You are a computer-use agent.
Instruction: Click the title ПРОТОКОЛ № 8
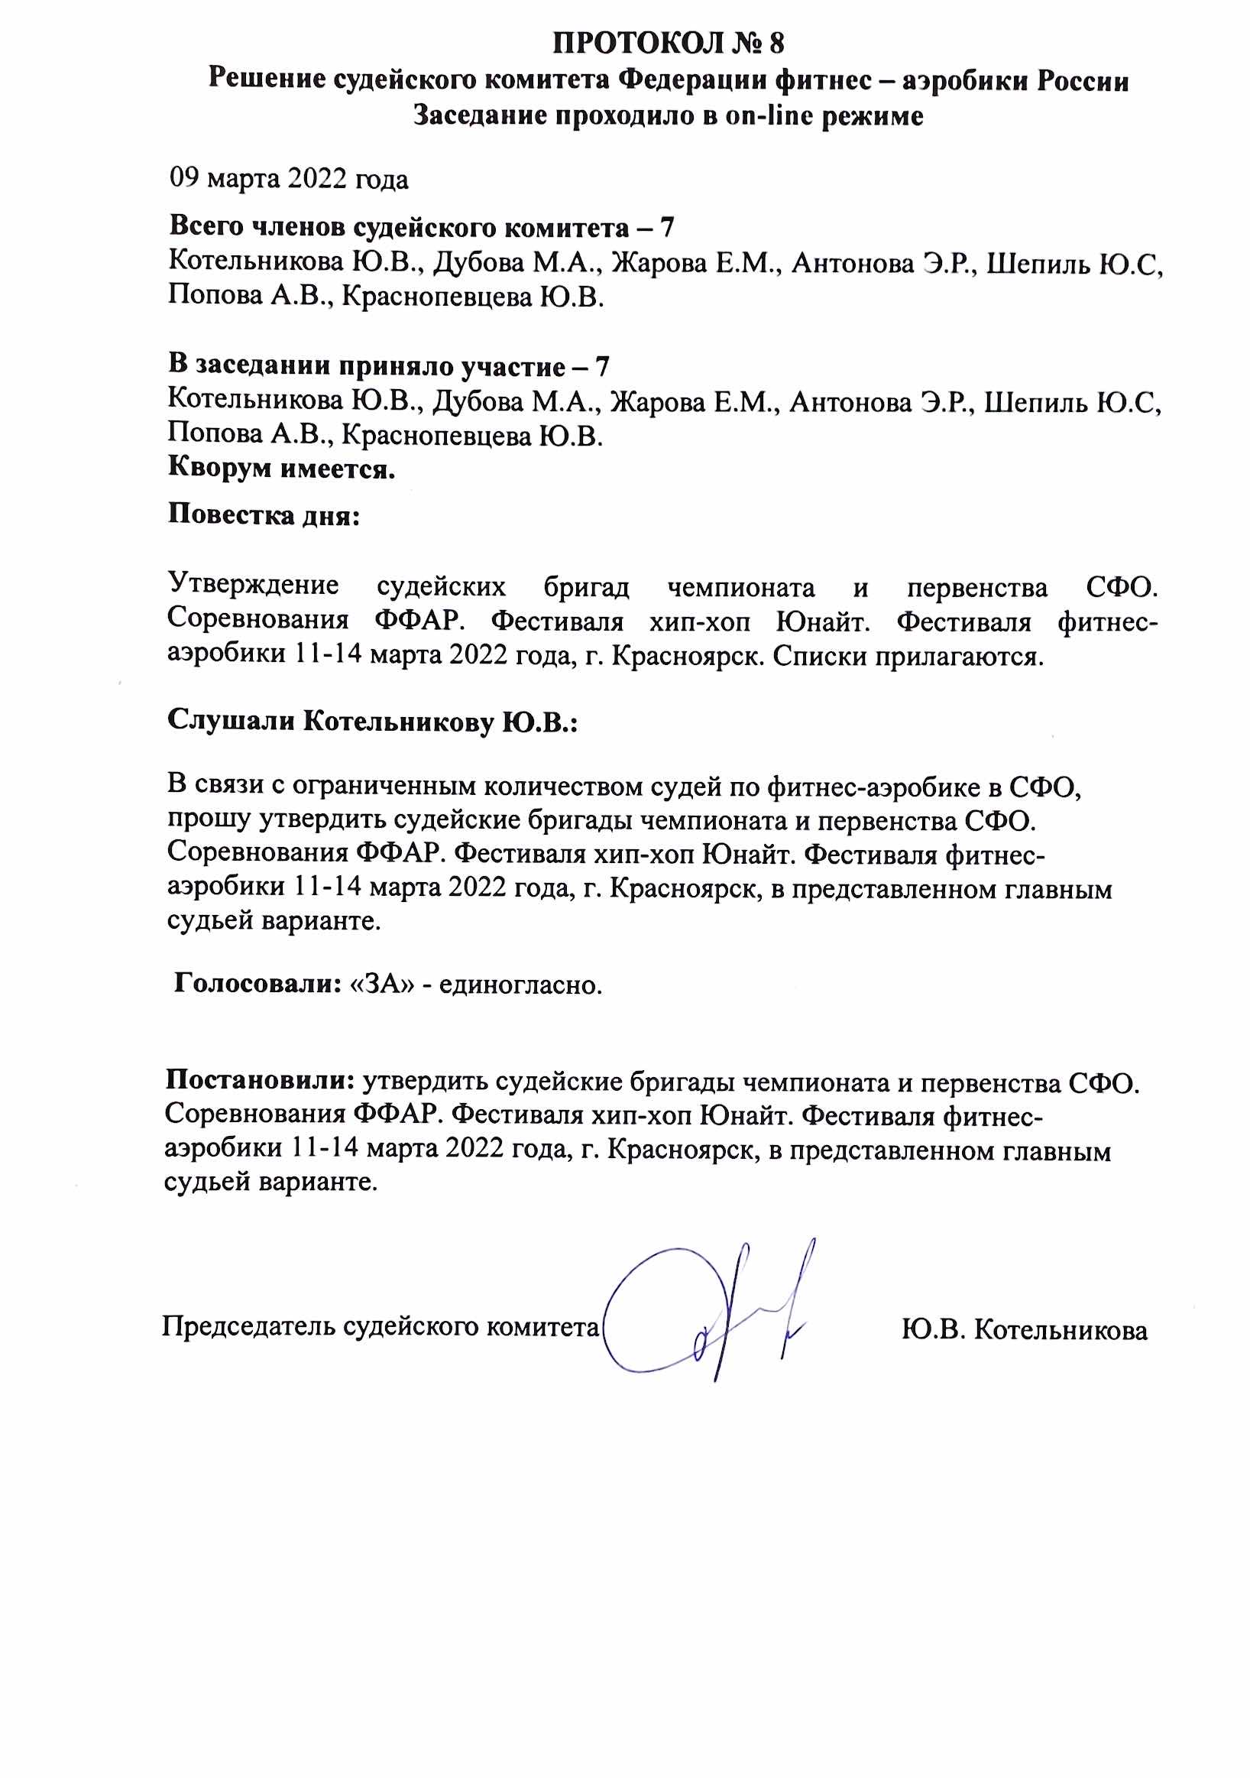(668, 43)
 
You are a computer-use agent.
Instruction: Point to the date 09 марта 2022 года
(289, 179)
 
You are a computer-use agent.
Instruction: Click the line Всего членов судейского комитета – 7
(422, 227)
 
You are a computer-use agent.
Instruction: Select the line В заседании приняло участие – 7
(389, 365)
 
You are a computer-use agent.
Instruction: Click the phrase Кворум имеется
(282, 468)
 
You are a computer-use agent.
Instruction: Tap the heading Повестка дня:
(264, 515)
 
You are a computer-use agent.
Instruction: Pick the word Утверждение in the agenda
(253, 585)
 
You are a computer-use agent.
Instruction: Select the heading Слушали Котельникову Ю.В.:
(373, 721)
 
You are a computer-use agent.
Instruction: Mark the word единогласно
(521, 985)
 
